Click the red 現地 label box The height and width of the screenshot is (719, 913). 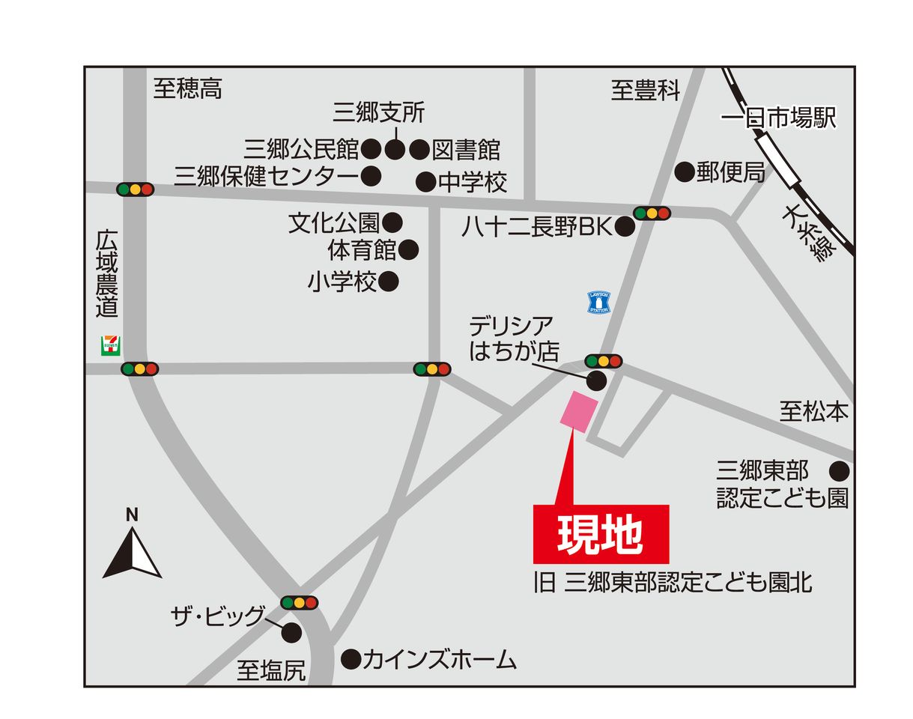(x=601, y=533)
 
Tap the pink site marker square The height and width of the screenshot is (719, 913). (x=580, y=411)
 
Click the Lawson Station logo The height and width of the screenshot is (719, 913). (x=598, y=303)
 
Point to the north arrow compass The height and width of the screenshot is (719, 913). (x=132, y=550)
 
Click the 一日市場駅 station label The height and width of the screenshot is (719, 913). (x=778, y=119)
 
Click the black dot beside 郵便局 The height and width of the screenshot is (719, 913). (x=684, y=172)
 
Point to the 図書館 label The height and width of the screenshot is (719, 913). (x=467, y=150)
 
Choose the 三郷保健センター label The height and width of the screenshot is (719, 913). (x=267, y=177)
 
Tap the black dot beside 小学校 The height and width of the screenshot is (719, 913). (x=388, y=282)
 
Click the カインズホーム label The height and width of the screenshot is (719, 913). (x=440, y=659)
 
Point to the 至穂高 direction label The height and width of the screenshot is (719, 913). (x=188, y=89)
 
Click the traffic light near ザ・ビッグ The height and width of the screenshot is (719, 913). (x=300, y=602)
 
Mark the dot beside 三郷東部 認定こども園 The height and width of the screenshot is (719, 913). (x=839, y=471)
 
